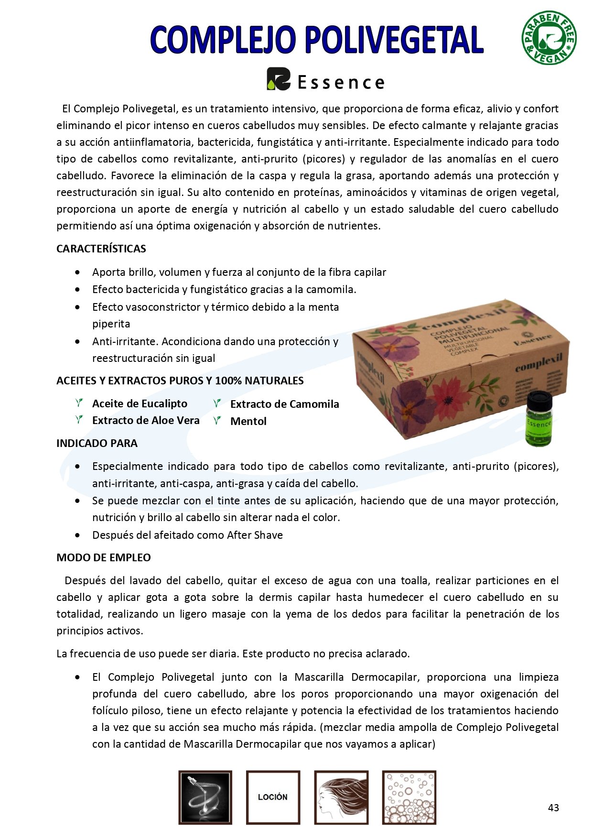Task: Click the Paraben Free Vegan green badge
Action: [549, 38]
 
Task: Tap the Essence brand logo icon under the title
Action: [278, 79]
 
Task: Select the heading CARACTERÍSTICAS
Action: [101, 249]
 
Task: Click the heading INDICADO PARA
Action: [97, 443]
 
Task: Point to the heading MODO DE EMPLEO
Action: [104, 557]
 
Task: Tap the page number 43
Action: [553, 807]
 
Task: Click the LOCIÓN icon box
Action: [273, 797]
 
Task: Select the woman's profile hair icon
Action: [341, 797]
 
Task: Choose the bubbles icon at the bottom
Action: [409, 797]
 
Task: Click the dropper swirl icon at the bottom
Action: [205, 797]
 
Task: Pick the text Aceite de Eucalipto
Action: [140, 403]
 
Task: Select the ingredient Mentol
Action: [248, 421]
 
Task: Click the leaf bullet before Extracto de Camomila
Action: [217, 403]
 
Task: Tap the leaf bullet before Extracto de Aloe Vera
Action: [79, 420]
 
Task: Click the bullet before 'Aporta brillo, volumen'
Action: [78, 272]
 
